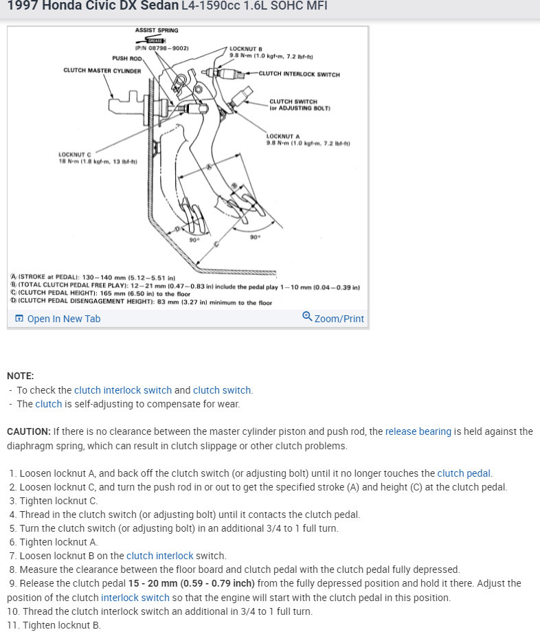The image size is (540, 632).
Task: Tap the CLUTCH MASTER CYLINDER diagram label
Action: coord(102,71)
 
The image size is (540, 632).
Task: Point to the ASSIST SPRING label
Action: coord(157,31)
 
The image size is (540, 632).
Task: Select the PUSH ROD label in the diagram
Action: coord(126,58)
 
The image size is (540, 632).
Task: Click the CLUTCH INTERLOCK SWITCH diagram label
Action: coord(299,74)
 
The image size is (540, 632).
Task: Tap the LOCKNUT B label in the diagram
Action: coord(245,49)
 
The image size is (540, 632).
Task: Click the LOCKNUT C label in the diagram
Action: coord(75,154)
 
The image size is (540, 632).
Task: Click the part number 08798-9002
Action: coord(165,48)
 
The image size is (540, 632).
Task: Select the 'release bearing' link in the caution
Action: coord(418,431)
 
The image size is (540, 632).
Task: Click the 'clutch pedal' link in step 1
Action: coord(464,473)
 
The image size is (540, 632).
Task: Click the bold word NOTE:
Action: coord(20,376)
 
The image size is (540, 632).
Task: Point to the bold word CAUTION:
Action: coord(28,431)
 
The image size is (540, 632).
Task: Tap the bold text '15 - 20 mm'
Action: coord(153,583)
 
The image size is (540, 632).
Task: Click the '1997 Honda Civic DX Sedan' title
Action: coord(92,7)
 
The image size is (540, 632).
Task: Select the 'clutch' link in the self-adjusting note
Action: coord(49,404)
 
